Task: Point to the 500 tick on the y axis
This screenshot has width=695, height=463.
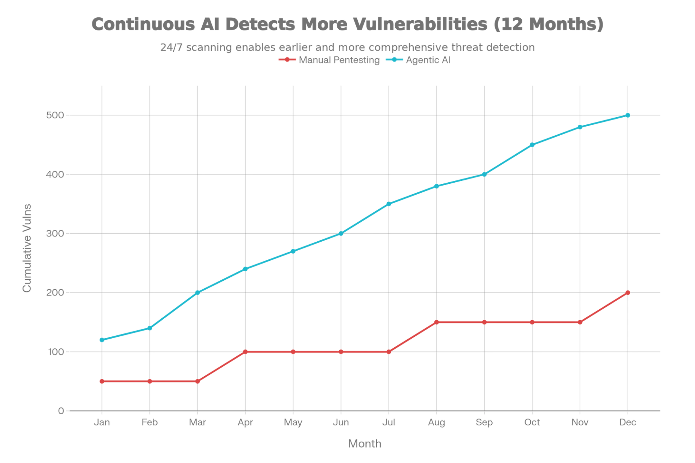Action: tap(56, 115)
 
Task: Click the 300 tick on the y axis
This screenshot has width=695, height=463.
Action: tap(56, 234)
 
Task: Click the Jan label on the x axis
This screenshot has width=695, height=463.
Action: tap(102, 422)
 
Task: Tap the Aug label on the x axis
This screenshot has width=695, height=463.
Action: tap(436, 422)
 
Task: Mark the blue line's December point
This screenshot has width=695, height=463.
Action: tap(627, 115)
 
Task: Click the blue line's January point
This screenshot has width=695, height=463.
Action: tap(102, 340)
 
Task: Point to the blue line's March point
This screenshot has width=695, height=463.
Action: tap(197, 292)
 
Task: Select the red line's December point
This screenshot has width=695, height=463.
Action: tap(627, 292)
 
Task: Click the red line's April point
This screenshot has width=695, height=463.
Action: tap(245, 352)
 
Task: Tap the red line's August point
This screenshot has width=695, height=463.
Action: tap(436, 322)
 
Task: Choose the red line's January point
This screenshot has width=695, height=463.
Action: tap(102, 381)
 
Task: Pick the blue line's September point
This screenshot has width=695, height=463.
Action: tap(484, 174)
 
